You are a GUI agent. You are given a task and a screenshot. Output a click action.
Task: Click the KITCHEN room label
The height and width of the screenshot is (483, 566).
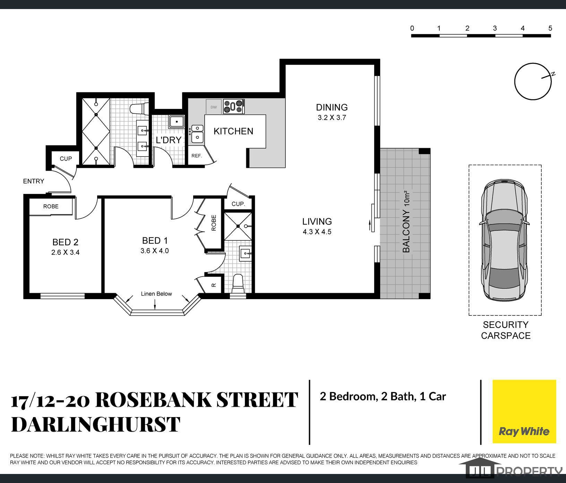point(233,131)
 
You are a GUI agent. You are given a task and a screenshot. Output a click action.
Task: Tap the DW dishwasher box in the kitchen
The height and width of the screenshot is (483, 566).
point(214,107)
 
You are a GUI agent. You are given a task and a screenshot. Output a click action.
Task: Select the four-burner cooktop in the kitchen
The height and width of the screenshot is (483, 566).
point(234,107)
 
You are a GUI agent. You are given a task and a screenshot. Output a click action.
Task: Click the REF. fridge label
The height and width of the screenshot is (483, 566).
point(197,156)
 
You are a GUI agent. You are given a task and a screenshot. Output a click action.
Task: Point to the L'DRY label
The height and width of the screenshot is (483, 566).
point(169,140)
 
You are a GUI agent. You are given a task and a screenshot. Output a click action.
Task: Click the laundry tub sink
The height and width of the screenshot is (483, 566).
point(177,122)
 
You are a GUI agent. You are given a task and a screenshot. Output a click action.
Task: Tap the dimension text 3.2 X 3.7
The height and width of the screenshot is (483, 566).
point(332,118)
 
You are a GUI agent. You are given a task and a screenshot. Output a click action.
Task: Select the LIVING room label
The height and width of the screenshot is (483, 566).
point(317,221)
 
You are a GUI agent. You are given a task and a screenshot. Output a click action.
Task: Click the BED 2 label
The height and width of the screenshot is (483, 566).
point(65,242)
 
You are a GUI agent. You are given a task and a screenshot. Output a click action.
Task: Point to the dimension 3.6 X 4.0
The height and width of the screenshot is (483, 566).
point(155,251)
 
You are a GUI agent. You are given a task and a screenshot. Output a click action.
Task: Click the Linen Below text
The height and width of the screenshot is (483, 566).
point(156,294)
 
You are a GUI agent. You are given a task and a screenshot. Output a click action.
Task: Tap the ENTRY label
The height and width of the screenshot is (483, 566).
point(34,181)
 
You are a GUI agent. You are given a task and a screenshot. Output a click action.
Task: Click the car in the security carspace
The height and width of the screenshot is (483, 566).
point(505,240)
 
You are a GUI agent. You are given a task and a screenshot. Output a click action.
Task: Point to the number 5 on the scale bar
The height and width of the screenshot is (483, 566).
point(550,28)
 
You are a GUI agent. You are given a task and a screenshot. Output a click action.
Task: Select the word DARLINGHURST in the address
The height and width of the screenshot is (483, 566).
point(96,424)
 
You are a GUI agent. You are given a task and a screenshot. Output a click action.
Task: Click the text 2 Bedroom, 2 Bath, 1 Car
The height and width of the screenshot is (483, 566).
point(383,396)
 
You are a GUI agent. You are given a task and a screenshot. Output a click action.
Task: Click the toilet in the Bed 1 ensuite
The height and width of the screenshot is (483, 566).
point(238,283)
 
